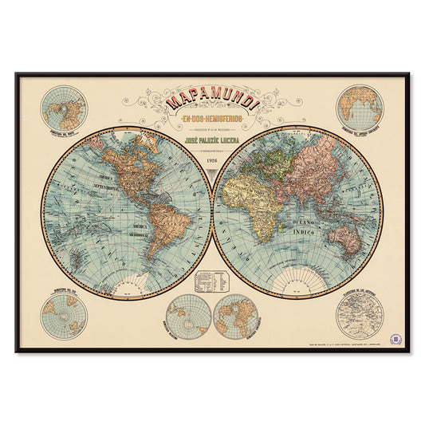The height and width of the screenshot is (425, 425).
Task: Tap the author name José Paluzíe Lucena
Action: tap(212, 138)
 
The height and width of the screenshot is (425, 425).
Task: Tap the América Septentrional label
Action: tap(110, 179)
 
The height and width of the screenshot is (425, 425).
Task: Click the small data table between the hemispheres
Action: tap(212, 279)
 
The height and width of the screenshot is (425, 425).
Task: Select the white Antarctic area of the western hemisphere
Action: tap(128, 282)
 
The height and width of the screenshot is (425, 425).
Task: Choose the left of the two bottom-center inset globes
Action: tap(189, 316)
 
